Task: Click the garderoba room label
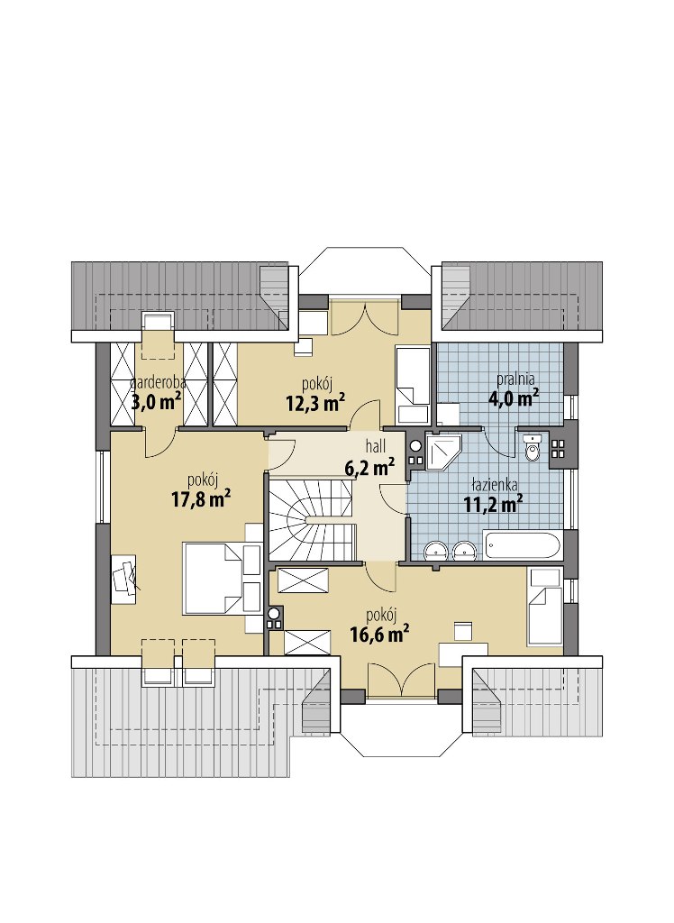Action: click(158, 382)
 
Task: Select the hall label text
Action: click(376, 445)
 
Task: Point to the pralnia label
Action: click(515, 379)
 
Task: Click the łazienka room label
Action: click(495, 486)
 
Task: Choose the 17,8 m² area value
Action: click(201, 499)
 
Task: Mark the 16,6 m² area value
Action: click(380, 635)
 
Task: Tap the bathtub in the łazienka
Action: click(520, 545)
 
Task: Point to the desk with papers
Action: click(123, 579)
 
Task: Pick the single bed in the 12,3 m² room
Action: click(413, 386)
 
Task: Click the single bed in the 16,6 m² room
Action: click(546, 607)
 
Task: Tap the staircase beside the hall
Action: click(312, 519)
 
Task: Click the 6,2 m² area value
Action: click(369, 468)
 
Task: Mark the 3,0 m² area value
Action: click(156, 402)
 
